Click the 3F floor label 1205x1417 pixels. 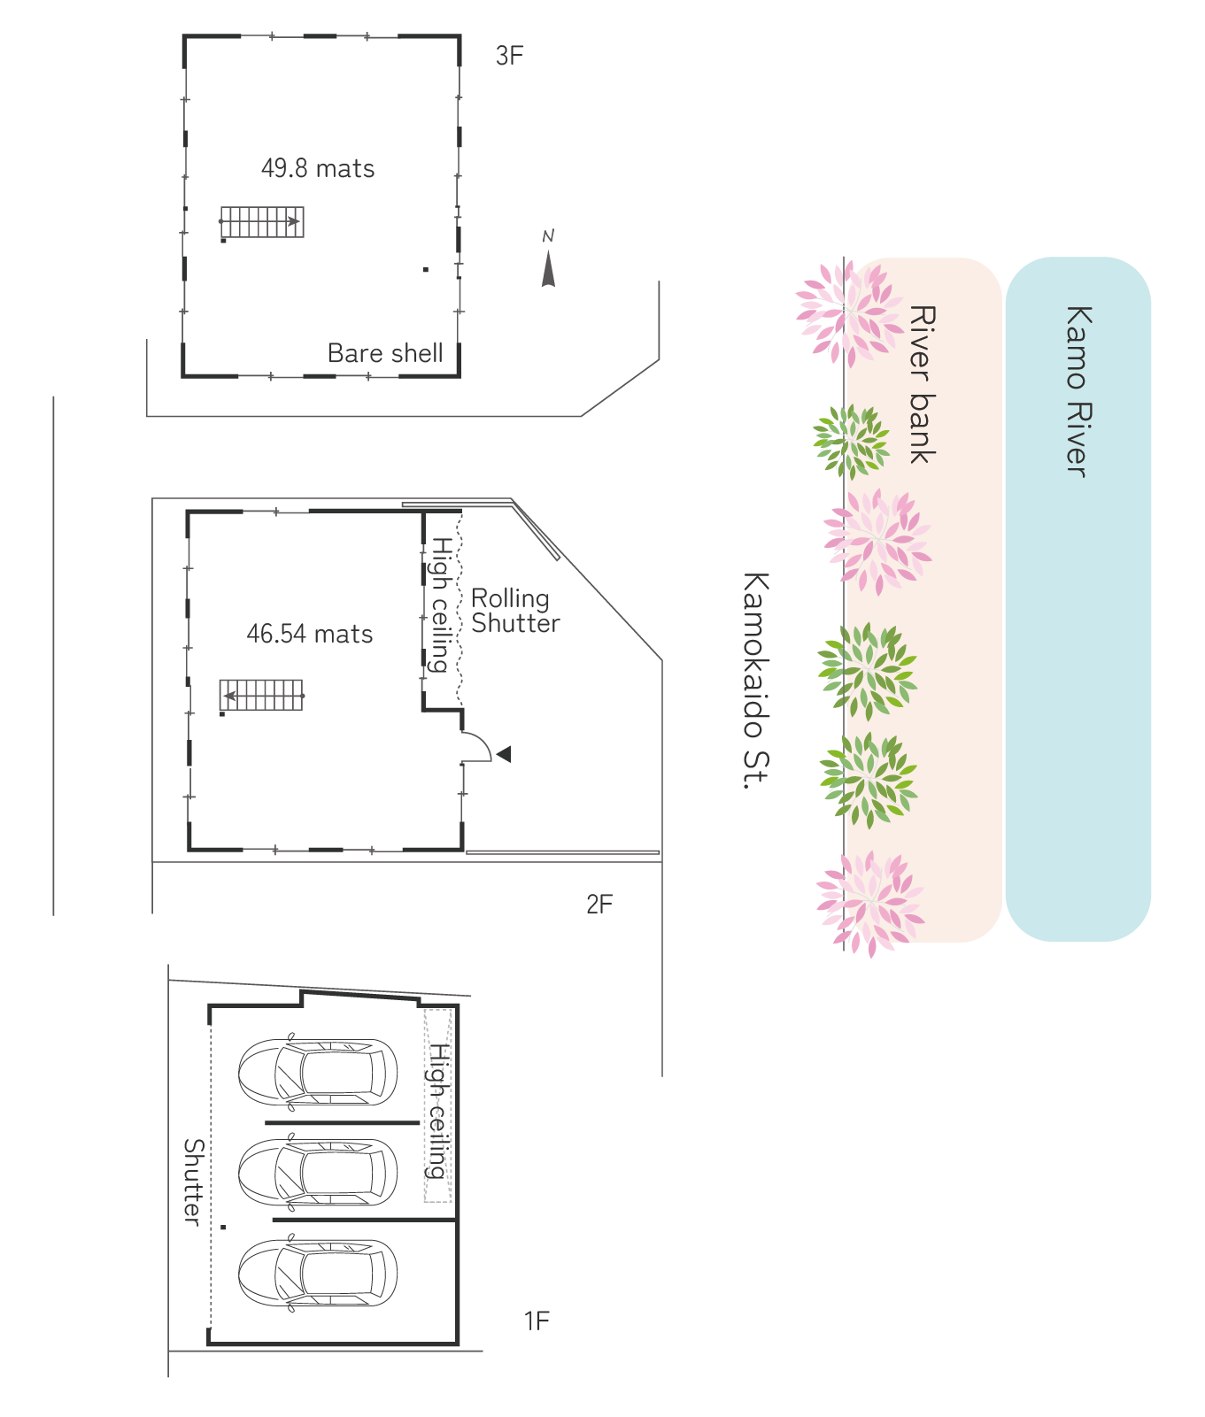pyautogui.click(x=509, y=56)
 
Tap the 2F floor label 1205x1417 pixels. pyautogui.click(x=599, y=905)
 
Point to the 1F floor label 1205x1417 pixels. pyautogui.click(x=537, y=1321)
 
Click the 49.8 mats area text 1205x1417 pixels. pyautogui.click(x=318, y=168)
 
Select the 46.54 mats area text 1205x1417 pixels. pyautogui.click(x=310, y=634)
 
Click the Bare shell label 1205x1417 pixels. pyautogui.click(x=385, y=353)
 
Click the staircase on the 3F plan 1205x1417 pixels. pyautogui.click(x=262, y=222)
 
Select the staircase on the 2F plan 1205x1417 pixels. pyautogui.click(x=262, y=695)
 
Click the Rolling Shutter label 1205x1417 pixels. pyautogui.click(x=514, y=611)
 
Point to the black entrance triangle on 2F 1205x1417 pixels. pyautogui.click(x=504, y=754)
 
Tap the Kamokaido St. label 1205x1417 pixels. pyautogui.click(x=755, y=680)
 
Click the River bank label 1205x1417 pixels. pyautogui.click(x=923, y=384)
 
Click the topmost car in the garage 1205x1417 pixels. pyautogui.click(x=318, y=1072)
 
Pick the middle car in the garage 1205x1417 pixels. pyautogui.click(x=318, y=1172)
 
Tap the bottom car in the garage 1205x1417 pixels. pyautogui.click(x=318, y=1273)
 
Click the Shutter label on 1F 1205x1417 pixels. pyautogui.click(x=193, y=1182)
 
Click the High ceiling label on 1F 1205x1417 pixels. pyautogui.click(x=438, y=1111)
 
